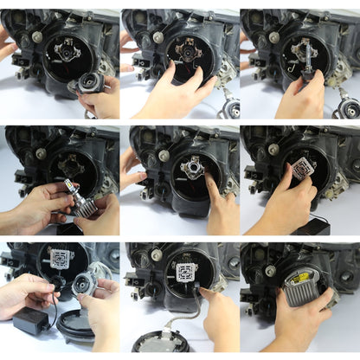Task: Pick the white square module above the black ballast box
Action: coord(60,259)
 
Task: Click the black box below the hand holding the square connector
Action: coord(312,226)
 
